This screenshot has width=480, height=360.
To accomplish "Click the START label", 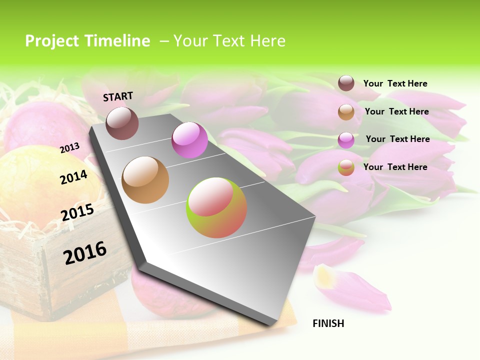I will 118,96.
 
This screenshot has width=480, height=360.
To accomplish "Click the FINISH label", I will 328,323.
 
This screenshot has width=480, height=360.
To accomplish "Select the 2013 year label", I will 69,147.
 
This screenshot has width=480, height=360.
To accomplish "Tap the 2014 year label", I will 73,177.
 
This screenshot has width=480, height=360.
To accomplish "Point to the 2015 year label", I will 77,212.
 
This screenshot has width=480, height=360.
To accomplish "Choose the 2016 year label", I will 85,252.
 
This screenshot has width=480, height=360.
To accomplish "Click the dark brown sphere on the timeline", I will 122,123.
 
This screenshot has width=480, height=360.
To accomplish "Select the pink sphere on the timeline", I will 189,140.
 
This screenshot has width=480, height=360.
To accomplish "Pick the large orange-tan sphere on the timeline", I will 145,180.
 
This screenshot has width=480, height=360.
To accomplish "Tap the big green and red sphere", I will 216,207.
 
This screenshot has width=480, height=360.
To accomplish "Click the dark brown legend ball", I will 346,83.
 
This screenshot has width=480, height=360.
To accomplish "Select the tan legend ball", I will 346,112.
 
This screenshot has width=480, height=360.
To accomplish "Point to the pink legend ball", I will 346,139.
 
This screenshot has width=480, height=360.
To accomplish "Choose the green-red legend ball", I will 346,167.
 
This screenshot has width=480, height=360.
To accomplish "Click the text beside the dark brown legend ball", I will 395,83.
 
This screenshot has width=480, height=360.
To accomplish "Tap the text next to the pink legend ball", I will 397,139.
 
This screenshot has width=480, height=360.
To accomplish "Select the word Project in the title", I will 52,41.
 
